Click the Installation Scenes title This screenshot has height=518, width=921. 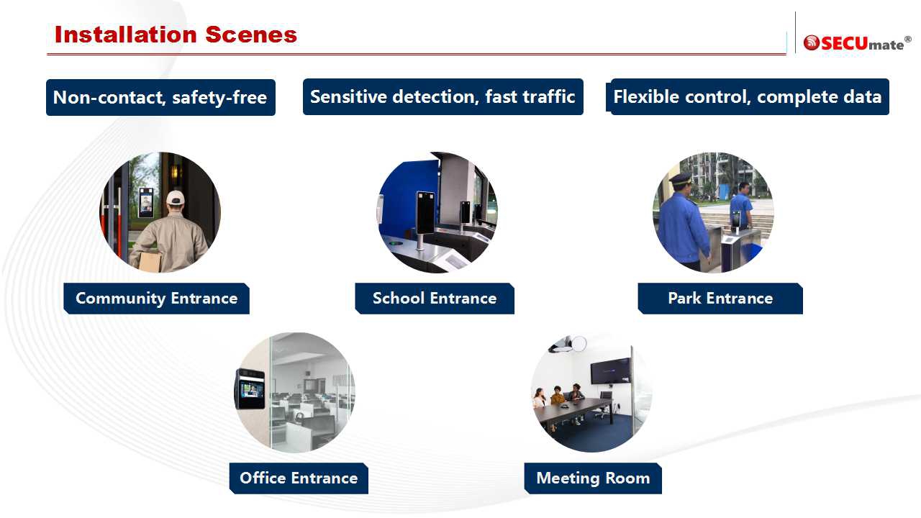[x=176, y=35]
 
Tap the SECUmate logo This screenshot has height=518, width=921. [x=857, y=42]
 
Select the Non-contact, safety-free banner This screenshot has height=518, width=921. [x=160, y=97]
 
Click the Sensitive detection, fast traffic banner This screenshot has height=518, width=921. [x=443, y=97]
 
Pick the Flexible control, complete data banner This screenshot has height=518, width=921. [x=748, y=97]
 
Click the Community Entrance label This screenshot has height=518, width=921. [x=157, y=299]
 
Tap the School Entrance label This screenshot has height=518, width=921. [x=435, y=299]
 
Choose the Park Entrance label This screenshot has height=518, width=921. [x=720, y=299]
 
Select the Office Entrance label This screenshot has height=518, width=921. [x=299, y=478]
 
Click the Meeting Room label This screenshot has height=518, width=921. [x=593, y=478]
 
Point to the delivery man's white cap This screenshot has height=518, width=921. [x=176, y=197]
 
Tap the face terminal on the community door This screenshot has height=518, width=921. [x=146, y=202]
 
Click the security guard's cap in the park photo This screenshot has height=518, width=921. [x=681, y=179]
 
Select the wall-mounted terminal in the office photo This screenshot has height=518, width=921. [x=250, y=389]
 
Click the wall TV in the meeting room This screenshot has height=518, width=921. [x=611, y=370]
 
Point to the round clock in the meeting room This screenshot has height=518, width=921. [x=579, y=344]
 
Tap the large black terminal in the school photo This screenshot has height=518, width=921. [x=425, y=213]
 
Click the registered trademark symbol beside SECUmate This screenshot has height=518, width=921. [x=908, y=39]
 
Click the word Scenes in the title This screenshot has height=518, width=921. [x=251, y=35]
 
